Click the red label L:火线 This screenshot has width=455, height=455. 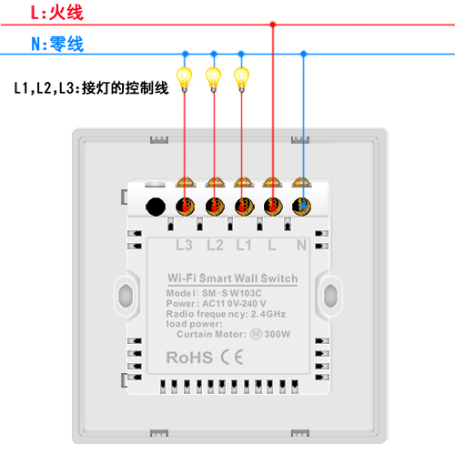click(x=57, y=13)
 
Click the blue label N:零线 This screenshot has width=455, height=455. click(x=57, y=44)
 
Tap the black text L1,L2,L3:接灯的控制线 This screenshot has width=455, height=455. click(x=91, y=88)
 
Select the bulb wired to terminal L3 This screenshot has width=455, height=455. click(x=185, y=79)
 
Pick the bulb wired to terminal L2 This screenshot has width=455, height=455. click(x=214, y=79)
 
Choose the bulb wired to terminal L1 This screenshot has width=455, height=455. click(x=241, y=79)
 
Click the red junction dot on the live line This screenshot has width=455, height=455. click(x=273, y=25)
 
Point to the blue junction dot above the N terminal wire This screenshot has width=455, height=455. click(x=303, y=54)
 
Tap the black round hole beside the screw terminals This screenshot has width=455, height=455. click(x=156, y=207)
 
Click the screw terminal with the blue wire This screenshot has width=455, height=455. click(x=301, y=207)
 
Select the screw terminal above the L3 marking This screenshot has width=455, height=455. click(x=185, y=207)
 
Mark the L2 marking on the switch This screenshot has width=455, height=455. click(x=215, y=245)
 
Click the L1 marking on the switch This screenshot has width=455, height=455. click(x=244, y=245)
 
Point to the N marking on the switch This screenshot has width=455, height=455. click(x=301, y=245)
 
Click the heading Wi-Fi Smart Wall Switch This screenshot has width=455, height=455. click(x=233, y=278)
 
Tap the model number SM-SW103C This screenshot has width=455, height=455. click(x=232, y=293)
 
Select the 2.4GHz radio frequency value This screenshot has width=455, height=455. click(x=268, y=314)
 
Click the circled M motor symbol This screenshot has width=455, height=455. click(x=256, y=334)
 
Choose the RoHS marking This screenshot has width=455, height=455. click(x=189, y=358)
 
